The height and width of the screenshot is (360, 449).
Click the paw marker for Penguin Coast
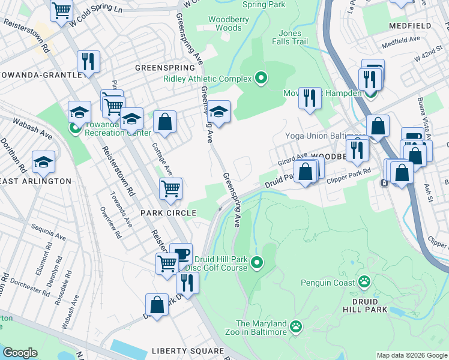(364, 281)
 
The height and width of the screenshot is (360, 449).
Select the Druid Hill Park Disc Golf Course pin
(257, 262)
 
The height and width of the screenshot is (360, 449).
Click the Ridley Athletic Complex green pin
(261, 77)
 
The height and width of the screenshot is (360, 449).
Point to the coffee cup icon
(181, 253)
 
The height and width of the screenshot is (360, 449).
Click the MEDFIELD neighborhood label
(410, 26)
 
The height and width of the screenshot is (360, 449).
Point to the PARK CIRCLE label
(168, 213)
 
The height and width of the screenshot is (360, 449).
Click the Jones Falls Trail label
(290, 37)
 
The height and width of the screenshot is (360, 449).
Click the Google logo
(19, 353)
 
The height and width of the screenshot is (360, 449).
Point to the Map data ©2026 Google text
(411, 355)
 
